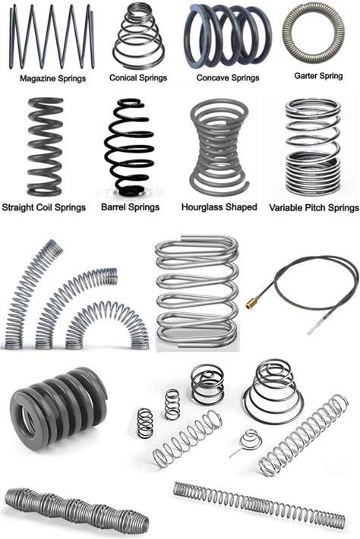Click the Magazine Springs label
(52, 79)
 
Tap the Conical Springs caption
(138, 78)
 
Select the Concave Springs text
(228, 78)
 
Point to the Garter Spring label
(318, 76)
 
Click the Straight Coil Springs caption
(43, 207)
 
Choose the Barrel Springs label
(131, 207)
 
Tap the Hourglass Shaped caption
(219, 207)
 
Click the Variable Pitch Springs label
(314, 208)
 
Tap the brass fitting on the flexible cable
(251, 304)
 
